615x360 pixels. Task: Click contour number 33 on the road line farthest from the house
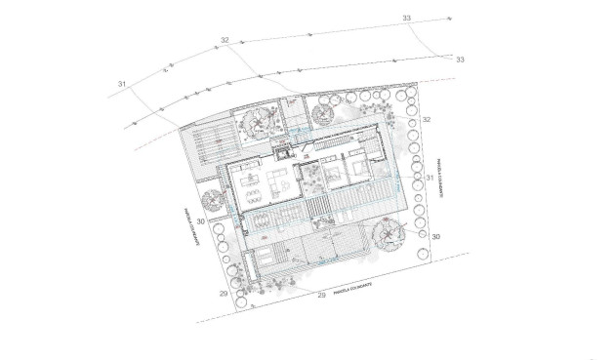click(x=406, y=18)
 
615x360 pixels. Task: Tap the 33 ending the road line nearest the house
click(x=461, y=60)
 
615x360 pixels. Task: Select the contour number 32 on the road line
click(x=225, y=40)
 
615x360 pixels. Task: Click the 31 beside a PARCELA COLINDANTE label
click(x=430, y=179)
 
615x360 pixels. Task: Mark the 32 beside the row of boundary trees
click(x=428, y=118)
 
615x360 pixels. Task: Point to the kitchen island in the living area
click(x=245, y=177)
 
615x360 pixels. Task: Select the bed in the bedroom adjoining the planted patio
click(x=333, y=177)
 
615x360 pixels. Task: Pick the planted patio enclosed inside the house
click(x=313, y=176)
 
